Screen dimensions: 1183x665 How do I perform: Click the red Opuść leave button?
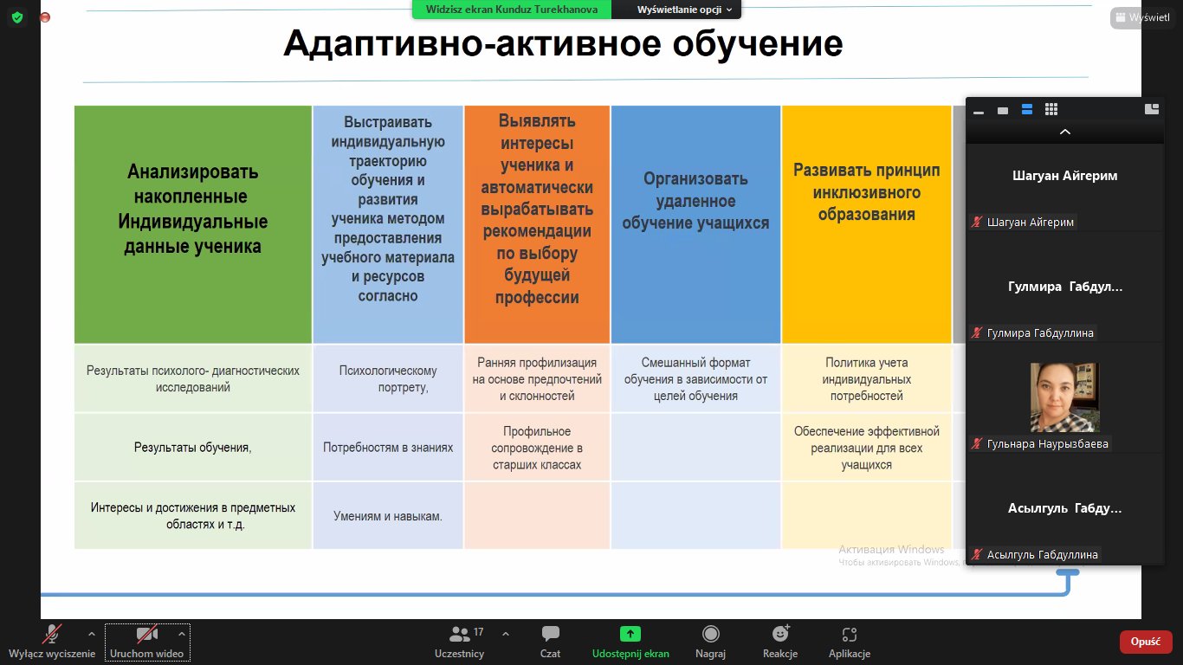point(1145,642)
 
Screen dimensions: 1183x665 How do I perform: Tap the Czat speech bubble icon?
point(550,633)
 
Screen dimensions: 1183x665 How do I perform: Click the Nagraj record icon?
point(710,633)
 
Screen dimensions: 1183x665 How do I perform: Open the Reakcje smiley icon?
point(780,633)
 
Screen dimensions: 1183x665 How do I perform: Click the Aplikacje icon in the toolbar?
point(850,634)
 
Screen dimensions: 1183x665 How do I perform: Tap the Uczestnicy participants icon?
point(460,633)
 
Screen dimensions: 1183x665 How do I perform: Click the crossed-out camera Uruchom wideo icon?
point(147,634)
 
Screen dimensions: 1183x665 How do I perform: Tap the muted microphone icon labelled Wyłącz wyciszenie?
point(52,634)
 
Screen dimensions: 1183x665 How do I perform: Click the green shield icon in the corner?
point(17,17)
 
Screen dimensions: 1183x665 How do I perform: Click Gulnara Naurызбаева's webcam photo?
point(1064,397)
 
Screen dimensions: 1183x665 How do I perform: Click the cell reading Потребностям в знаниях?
point(388,448)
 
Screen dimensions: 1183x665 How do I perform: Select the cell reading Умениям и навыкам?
point(388,516)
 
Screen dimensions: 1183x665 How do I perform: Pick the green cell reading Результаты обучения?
point(193,448)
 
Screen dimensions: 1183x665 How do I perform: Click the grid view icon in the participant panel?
point(1051,109)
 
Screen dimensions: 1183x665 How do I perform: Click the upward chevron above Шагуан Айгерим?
point(1064,132)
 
